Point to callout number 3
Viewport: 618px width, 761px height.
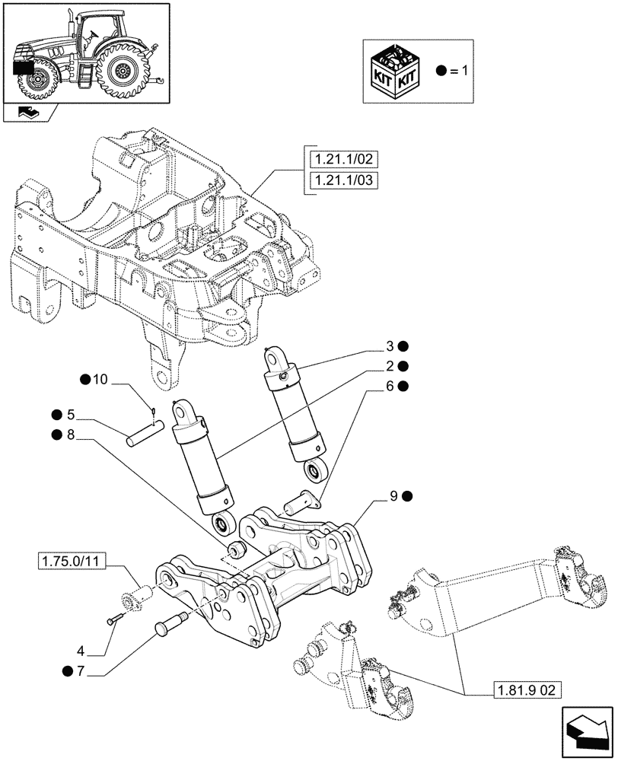pos(390,345)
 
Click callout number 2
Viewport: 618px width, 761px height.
pos(390,365)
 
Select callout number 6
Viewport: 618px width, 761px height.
pos(390,387)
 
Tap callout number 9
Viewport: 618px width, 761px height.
pos(394,496)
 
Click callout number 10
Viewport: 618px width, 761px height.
pos(101,380)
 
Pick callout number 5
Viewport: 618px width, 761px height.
pos(71,415)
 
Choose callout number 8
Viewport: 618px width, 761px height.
pos(71,435)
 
